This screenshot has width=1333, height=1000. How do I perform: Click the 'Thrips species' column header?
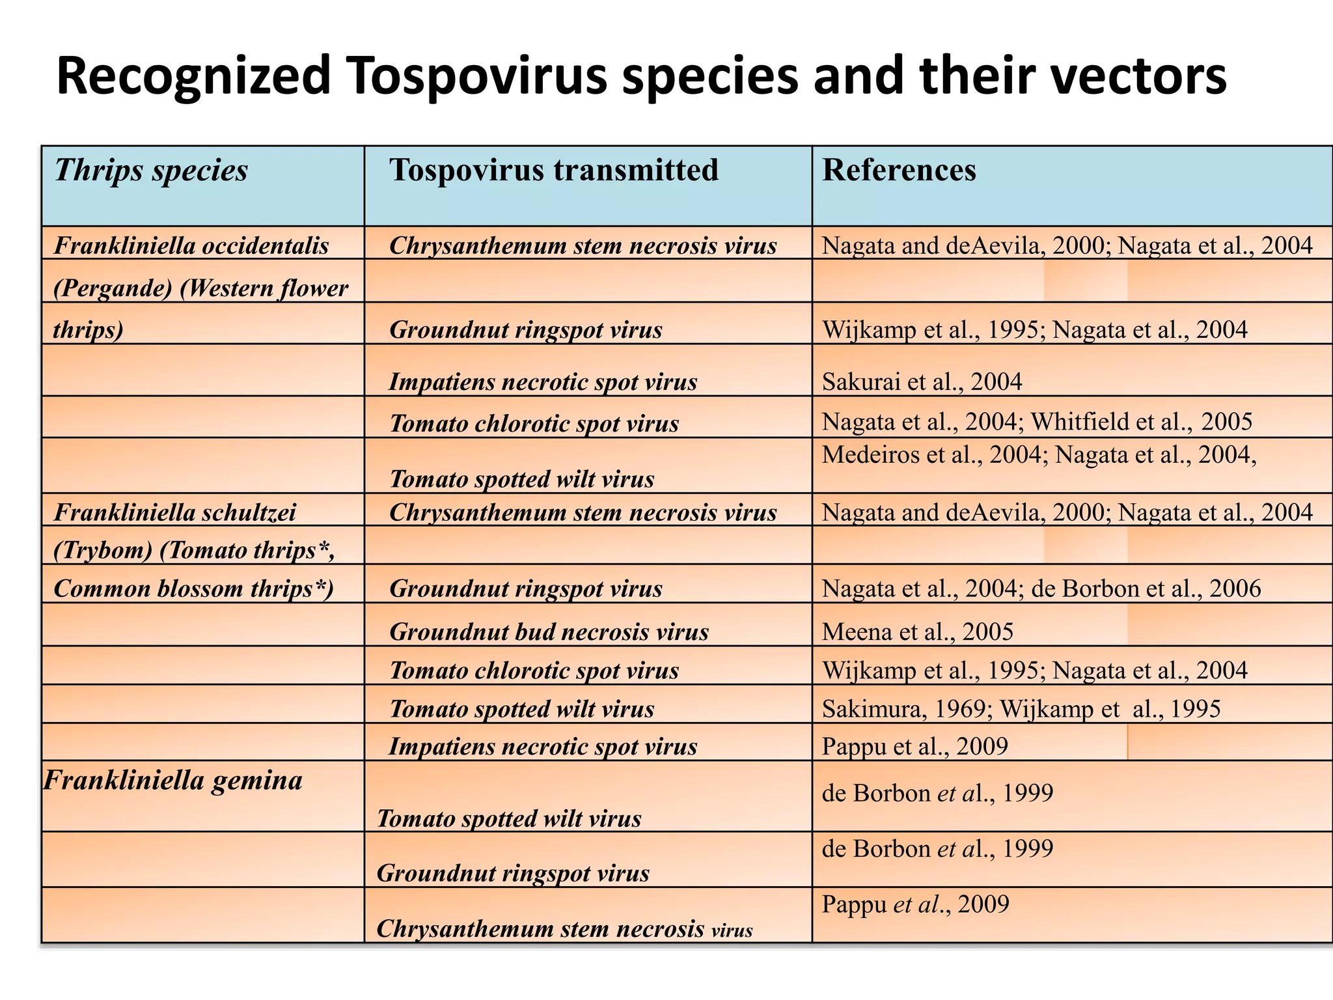click(151, 171)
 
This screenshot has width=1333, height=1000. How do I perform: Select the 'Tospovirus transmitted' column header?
click(554, 171)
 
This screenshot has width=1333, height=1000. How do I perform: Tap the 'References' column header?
click(899, 171)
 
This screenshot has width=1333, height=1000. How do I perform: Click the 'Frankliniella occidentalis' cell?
click(191, 246)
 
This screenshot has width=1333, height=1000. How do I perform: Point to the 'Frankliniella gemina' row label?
click(173, 780)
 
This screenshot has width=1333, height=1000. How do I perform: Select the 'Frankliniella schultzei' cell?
click(174, 512)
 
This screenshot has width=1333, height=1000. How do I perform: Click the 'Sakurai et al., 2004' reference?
click(922, 382)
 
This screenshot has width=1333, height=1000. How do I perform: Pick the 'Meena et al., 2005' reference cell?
click(918, 632)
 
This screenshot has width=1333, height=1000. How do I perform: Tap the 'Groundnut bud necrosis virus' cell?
click(549, 632)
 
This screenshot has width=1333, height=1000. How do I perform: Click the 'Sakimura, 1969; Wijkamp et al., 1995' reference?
click(1021, 708)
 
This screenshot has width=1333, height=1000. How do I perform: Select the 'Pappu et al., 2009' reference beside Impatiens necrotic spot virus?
click(914, 746)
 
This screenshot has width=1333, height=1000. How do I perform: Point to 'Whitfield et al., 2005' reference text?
click(1141, 422)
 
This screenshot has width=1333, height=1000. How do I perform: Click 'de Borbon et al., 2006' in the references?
click(1146, 589)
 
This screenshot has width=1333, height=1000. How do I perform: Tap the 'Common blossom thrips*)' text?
click(193, 589)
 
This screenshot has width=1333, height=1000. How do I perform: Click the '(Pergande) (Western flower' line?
click(200, 288)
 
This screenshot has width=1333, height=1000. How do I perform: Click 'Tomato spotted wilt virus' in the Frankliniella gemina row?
click(509, 818)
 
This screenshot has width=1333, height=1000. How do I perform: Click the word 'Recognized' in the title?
click(193, 76)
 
